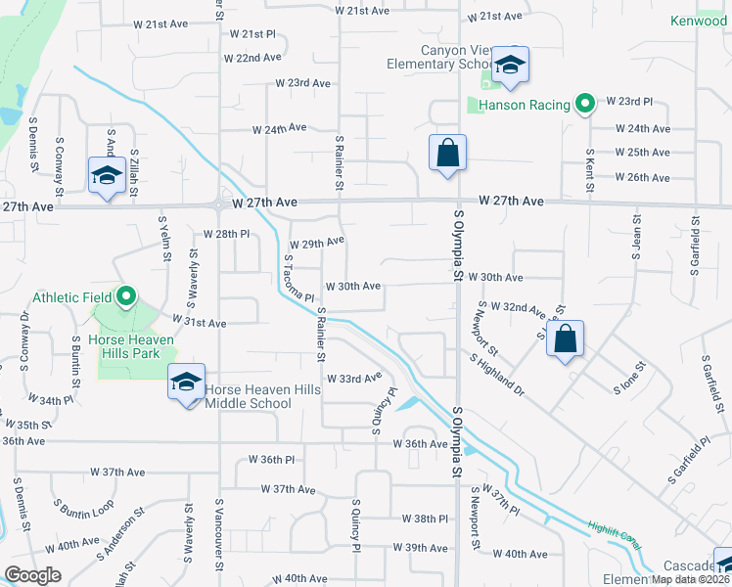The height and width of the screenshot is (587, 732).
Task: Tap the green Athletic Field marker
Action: coord(126,296)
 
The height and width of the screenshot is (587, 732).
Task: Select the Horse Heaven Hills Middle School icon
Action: coord(186,382)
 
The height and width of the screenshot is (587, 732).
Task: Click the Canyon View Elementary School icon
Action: coord(510,65)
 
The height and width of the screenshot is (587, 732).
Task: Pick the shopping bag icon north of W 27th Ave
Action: coord(447,153)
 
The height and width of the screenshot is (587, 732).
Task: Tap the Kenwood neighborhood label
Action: coord(699,21)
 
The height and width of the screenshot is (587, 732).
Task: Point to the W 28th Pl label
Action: coord(227,235)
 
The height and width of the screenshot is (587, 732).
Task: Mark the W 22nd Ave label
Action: coord(252,59)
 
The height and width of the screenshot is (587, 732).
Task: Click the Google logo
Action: coord(32,575)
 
